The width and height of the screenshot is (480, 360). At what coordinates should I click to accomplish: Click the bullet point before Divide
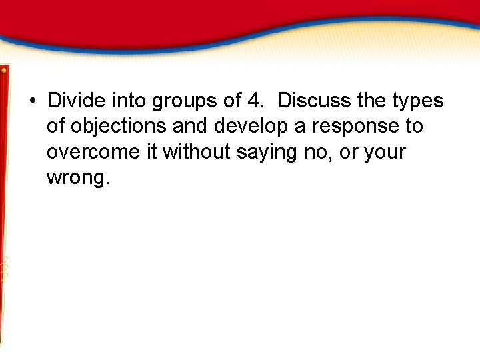pos(32,102)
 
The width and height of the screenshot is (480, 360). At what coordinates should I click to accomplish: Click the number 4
pos(254,101)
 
